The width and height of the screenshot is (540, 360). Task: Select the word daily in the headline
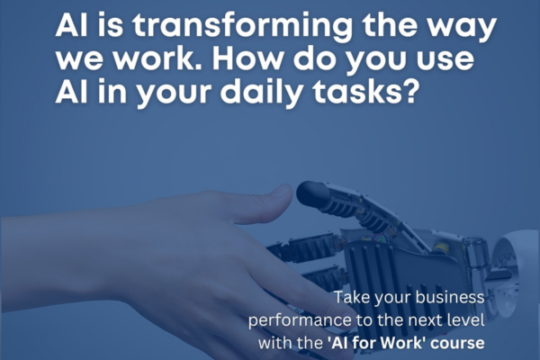261,93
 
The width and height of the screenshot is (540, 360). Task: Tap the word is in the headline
110,25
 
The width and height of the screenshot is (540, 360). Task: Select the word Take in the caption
351,297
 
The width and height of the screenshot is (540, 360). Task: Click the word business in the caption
450,297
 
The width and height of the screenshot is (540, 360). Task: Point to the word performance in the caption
300,321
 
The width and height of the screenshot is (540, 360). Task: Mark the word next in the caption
427,320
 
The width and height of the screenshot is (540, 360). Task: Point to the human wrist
58,262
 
